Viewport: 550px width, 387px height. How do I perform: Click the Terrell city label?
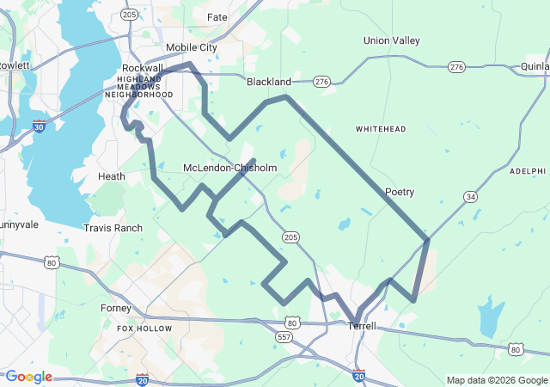pyautogui.click(x=362, y=326)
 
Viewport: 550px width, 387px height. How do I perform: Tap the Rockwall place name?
pyautogui.click(x=143, y=68)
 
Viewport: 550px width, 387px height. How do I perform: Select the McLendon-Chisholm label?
pyautogui.click(x=229, y=168)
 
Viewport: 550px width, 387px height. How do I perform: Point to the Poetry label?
pyautogui.click(x=400, y=192)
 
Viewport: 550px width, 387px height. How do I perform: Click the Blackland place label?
pyautogui.click(x=269, y=82)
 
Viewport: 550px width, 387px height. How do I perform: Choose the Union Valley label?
pyautogui.click(x=392, y=40)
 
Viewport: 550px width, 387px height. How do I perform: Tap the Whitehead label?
pyautogui.click(x=381, y=128)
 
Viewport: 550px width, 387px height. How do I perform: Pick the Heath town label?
pyautogui.click(x=112, y=176)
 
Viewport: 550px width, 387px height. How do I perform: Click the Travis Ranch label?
pyautogui.click(x=113, y=228)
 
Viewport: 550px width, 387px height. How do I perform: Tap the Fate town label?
pyautogui.click(x=217, y=17)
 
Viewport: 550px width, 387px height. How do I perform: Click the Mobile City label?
pyautogui.click(x=191, y=47)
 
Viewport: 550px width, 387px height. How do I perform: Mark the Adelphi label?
pyautogui.click(x=528, y=171)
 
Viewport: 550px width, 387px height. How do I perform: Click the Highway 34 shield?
pyautogui.click(x=470, y=197)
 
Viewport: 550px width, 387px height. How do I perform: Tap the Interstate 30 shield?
pyautogui.click(x=39, y=126)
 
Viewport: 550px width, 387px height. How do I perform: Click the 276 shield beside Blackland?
pyautogui.click(x=321, y=82)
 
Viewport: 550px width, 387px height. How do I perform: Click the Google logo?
pyautogui.click(x=28, y=377)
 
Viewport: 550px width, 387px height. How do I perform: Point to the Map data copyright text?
pyautogui.click(x=496, y=380)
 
